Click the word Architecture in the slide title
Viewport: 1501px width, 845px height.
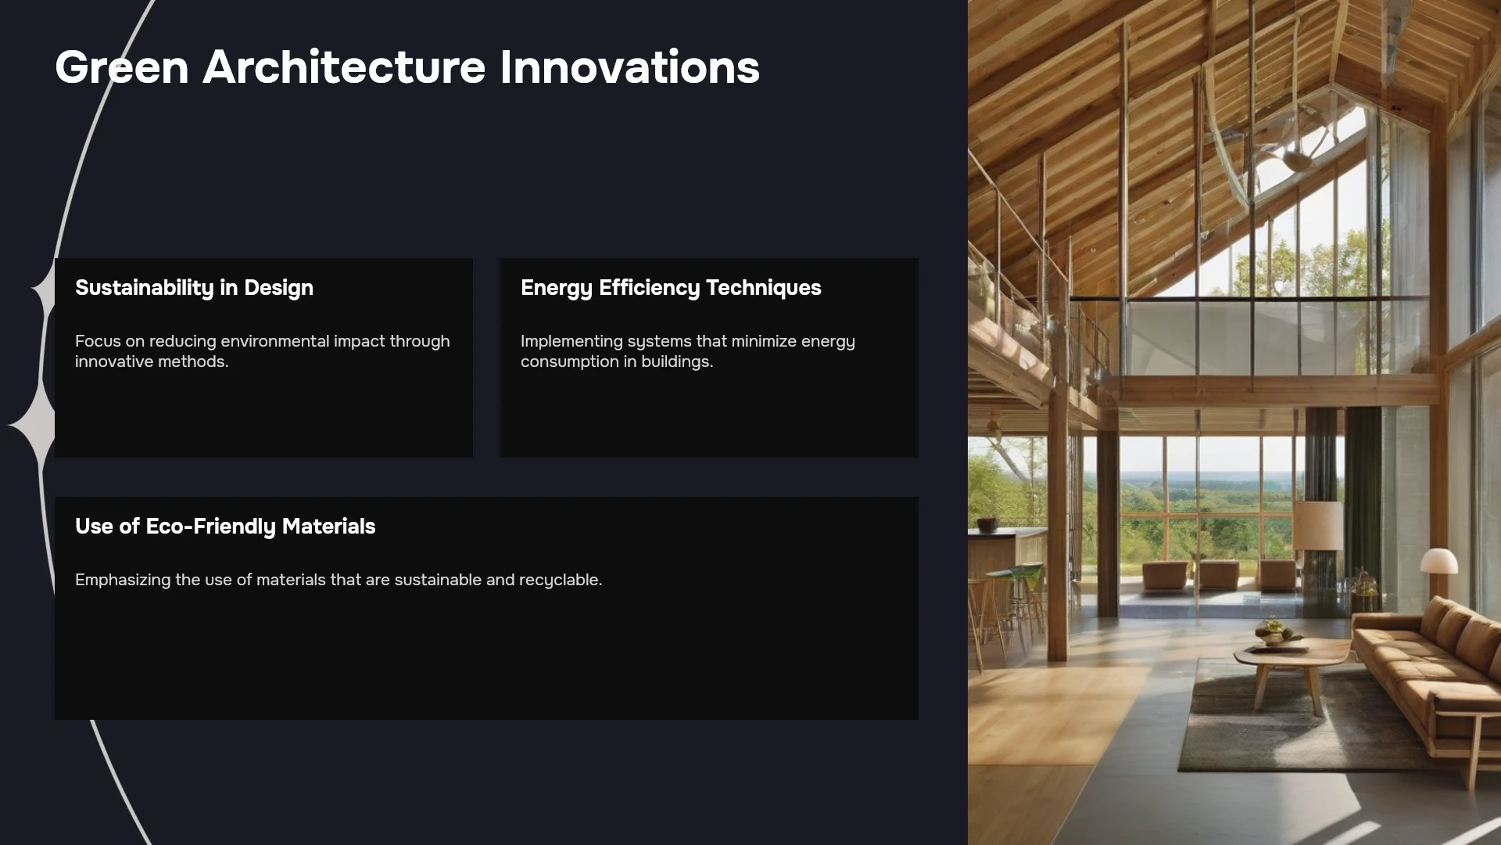pyautogui.click(x=344, y=67)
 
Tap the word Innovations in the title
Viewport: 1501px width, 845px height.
pyautogui.click(x=629, y=67)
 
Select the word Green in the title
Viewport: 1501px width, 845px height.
pyautogui.click(x=122, y=67)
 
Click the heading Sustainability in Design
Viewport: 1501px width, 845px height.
pyautogui.click(x=194, y=288)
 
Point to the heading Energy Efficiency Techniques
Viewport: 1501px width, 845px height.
pyautogui.click(x=671, y=288)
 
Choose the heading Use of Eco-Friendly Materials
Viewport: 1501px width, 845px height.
pyautogui.click(x=225, y=527)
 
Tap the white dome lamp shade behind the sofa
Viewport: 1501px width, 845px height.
pyautogui.click(x=1439, y=560)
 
